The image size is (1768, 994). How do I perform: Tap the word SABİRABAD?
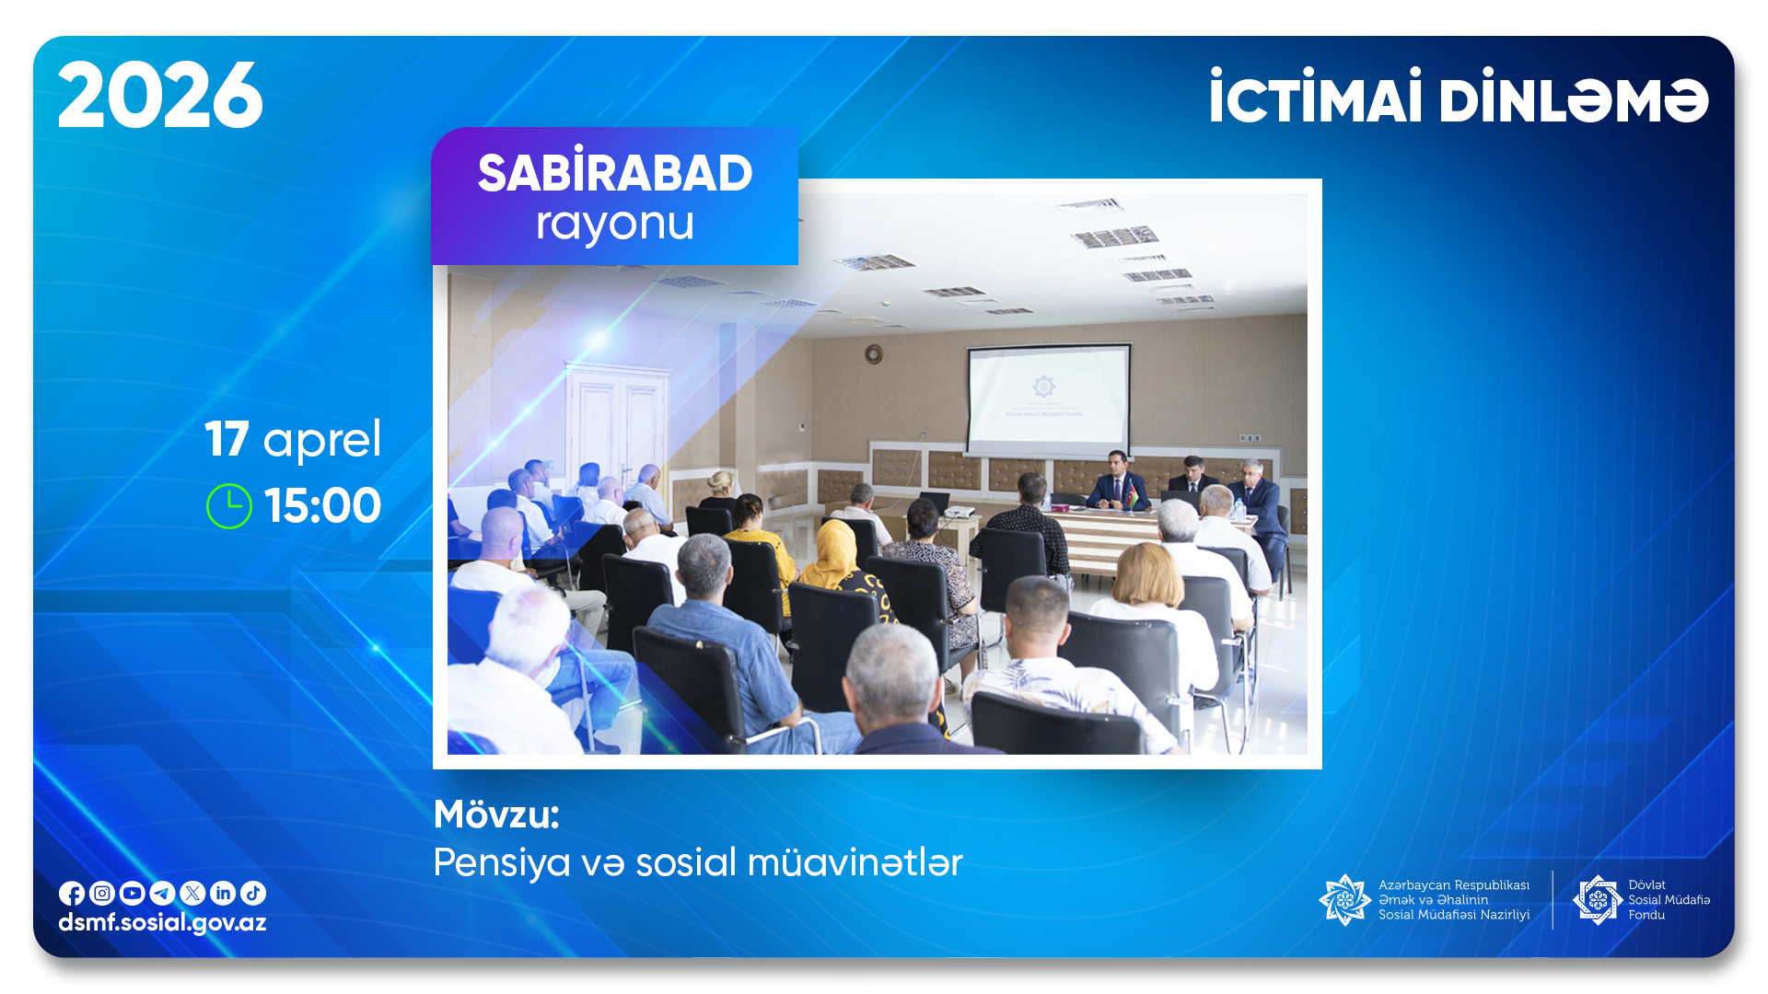[x=615, y=171]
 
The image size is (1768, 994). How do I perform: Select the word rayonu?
[x=615, y=224]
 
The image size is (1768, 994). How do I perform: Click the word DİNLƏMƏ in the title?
[x=1574, y=98]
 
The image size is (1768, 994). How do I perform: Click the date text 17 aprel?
[x=293, y=439]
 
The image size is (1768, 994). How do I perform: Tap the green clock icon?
[x=229, y=506]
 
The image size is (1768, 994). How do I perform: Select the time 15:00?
[x=322, y=505]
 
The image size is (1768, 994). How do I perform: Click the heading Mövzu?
[x=496, y=815]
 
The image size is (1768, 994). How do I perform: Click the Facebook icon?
[x=72, y=894]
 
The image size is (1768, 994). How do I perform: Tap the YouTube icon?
[x=133, y=893]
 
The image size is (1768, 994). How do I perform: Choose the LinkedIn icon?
[x=223, y=893]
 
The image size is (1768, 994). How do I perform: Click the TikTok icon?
[x=253, y=893]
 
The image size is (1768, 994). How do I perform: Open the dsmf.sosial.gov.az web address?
[x=162, y=923]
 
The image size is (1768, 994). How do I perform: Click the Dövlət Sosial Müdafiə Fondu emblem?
[x=1598, y=900]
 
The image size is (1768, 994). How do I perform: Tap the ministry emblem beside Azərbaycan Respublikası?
[x=1345, y=900]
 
